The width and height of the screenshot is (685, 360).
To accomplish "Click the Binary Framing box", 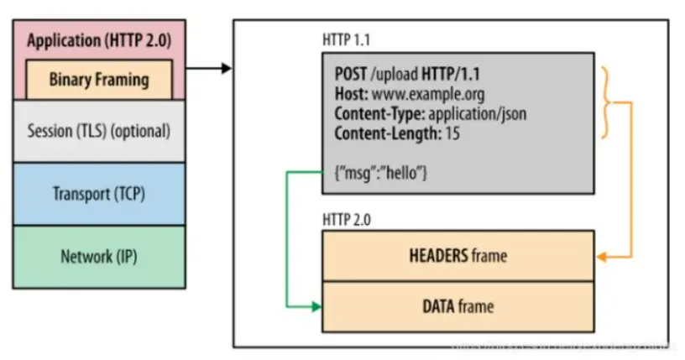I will [x=98, y=81].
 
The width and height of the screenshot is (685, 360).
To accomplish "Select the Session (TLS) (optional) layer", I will [x=98, y=131].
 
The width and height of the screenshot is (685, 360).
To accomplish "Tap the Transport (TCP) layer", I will [x=98, y=194].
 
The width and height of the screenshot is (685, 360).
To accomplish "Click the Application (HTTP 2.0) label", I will [x=98, y=40].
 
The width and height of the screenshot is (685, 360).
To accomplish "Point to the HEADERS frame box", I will [x=458, y=256].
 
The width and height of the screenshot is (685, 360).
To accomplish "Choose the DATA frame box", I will [x=458, y=306].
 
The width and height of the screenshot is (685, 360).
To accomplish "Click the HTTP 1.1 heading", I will [x=348, y=40].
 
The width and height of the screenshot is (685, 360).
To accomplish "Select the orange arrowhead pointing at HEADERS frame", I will [x=601, y=256].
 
